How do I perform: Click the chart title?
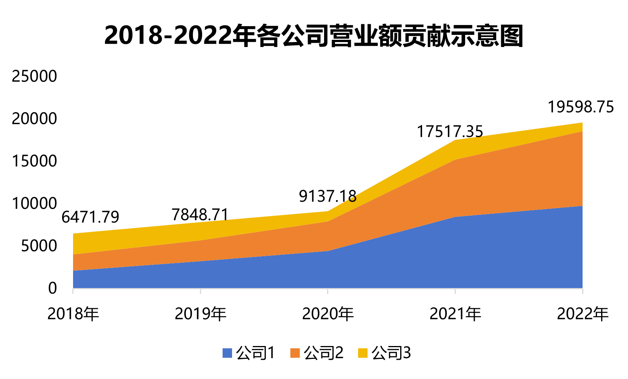[314, 36]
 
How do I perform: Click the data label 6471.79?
[90, 217]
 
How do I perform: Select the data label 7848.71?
[200, 215]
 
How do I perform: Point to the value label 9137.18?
[328, 196]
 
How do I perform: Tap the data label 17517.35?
[450, 132]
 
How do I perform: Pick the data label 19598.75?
[581, 107]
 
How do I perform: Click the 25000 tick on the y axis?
[34, 76]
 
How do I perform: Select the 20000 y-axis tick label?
[34, 119]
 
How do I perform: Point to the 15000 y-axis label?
[34, 161]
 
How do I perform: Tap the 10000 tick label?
[34, 204]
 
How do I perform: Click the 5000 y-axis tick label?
[39, 246]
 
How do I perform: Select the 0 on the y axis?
[53, 288]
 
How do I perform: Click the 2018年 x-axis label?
[73, 314]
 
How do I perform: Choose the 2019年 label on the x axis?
[201, 314]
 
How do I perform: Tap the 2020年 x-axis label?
[328, 314]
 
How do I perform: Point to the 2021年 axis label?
[455, 314]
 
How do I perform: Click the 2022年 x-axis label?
[583, 314]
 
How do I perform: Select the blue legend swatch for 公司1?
[227, 353]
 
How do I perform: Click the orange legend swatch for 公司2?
[295, 353]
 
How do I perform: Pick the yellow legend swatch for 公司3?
[363, 353]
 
